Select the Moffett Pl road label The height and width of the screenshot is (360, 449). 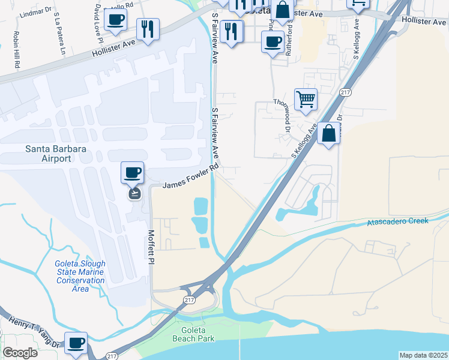pos(151,247)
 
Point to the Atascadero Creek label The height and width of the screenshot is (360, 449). pos(397,221)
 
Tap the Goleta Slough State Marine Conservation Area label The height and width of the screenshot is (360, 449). pos(80,276)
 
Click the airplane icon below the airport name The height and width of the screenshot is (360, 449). pos(133,193)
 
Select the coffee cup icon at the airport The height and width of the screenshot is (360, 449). pos(133,173)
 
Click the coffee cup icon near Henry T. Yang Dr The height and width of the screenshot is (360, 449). pos(76,343)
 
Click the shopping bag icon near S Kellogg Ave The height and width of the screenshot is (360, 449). pos(329,134)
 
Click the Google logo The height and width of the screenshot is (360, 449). pos(20,353)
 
